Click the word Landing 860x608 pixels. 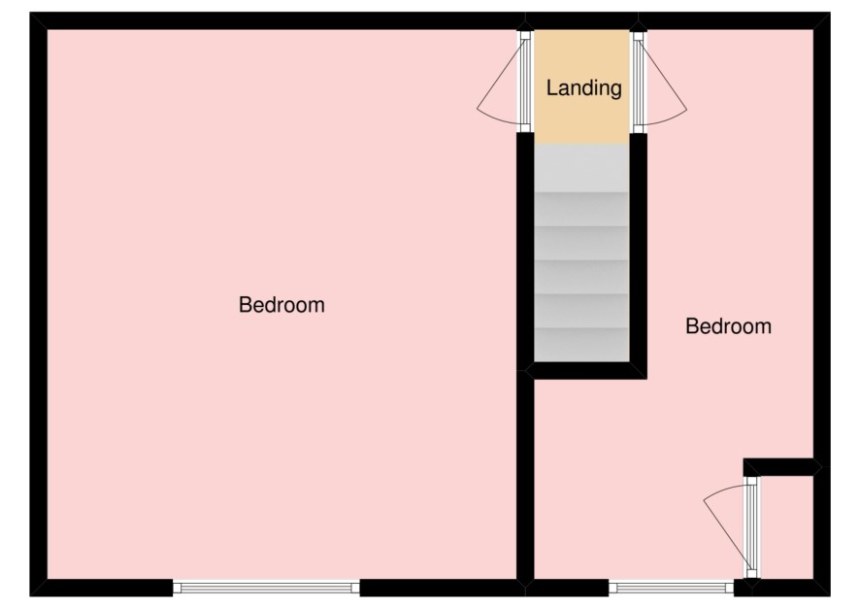click(x=583, y=88)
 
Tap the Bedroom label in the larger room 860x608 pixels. click(x=281, y=305)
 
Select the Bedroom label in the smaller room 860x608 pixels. click(x=728, y=326)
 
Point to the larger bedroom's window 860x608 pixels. click(x=266, y=589)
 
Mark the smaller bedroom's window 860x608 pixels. click(x=671, y=589)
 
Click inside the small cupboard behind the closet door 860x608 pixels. click(x=785, y=526)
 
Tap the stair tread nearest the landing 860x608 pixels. click(x=581, y=168)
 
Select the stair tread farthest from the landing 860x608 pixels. click(x=581, y=345)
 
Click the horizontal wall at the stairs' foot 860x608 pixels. click(x=585, y=370)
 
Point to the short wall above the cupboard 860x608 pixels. click(x=782, y=467)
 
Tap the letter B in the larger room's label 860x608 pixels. click(x=246, y=305)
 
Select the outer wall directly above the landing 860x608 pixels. click(x=582, y=20)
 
